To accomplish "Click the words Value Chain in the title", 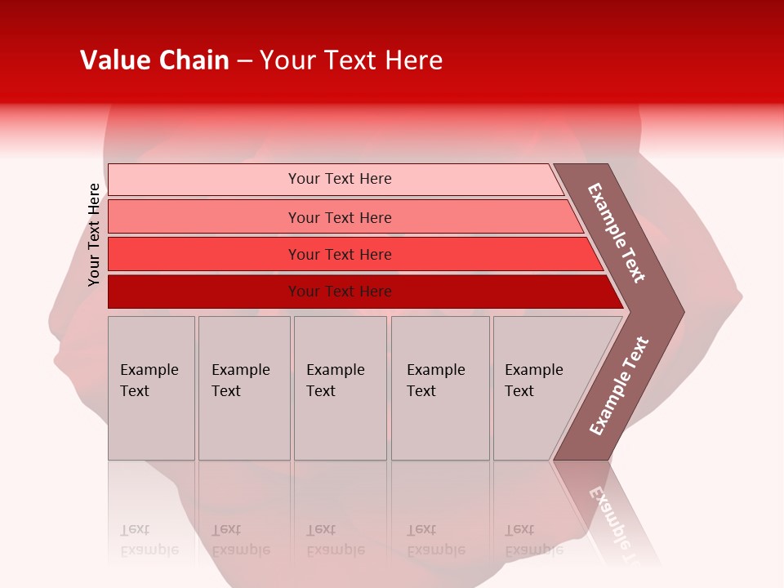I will tap(154, 60).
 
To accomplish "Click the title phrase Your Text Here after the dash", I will tap(351, 60).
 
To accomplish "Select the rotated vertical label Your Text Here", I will tap(94, 234).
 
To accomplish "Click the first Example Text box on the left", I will tap(151, 388).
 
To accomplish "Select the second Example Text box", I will tap(243, 388).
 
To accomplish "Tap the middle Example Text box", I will tap(340, 388).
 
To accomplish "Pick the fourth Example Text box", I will tap(439, 388).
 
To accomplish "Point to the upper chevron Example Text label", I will tap(617, 233).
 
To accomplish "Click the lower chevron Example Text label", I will tap(618, 386).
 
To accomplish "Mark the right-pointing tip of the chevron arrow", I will tap(681, 312).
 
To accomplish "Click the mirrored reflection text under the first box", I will tap(149, 540).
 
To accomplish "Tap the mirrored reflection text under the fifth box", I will tap(533, 540).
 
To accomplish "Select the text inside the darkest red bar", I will tap(340, 292).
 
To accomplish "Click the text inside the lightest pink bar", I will tap(340, 179).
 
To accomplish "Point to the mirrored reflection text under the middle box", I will tap(335, 540).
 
